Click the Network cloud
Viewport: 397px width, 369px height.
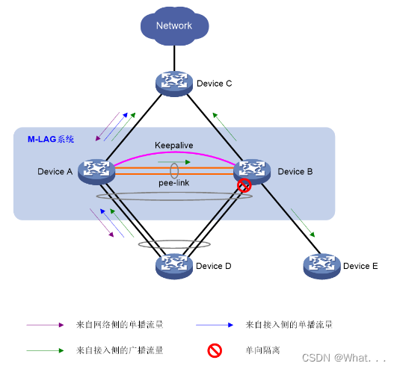pyautogui.click(x=173, y=26)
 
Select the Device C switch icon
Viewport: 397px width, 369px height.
pyautogui.click(x=174, y=83)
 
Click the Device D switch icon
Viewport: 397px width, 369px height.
pyautogui.click(x=174, y=265)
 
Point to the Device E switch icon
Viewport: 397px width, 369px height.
pyautogui.click(x=321, y=265)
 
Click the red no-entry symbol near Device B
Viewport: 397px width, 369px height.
pyautogui.click(x=243, y=186)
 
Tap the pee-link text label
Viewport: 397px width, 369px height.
pyautogui.click(x=173, y=182)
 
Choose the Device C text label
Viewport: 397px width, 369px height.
pyautogui.click(x=214, y=83)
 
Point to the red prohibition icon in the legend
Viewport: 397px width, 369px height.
pyautogui.click(x=213, y=349)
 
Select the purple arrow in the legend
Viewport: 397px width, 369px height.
pyautogui.click(x=45, y=325)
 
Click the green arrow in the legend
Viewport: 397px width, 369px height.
pyautogui.click(x=45, y=349)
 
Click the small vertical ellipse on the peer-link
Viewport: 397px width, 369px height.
pyautogui.click(x=173, y=170)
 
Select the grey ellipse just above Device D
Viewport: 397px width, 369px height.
pyautogui.click(x=173, y=244)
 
